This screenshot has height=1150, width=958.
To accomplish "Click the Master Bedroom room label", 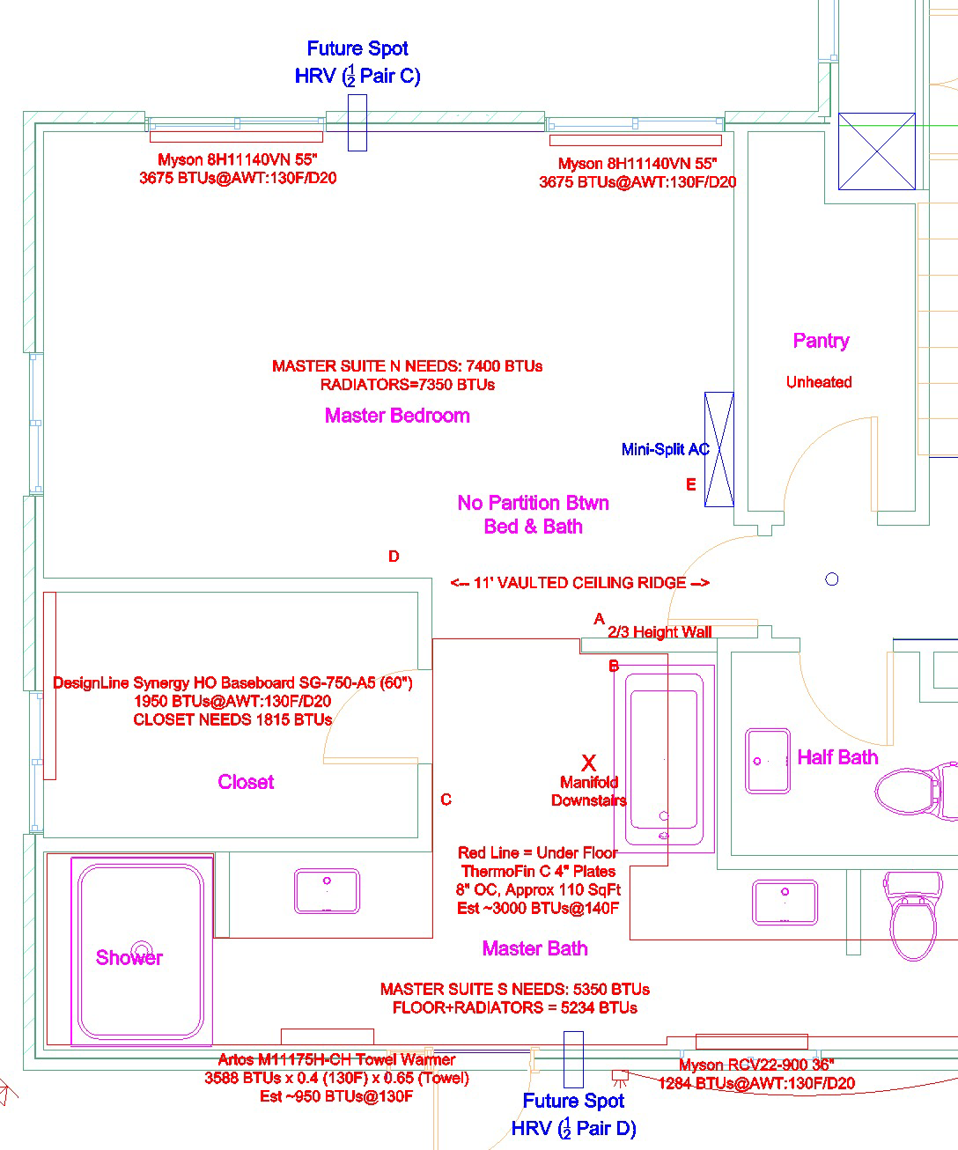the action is (x=397, y=416).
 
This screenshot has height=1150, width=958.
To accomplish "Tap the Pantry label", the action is (x=821, y=341).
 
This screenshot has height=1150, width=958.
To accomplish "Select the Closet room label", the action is (x=246, y=782).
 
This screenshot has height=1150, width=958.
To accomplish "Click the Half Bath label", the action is (x=837, y=757).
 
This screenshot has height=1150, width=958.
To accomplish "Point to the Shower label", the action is (x=129, y=957).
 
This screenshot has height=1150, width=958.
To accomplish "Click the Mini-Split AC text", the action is (x=666, y=449).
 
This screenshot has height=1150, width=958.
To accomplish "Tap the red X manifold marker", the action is (x=589, y=763).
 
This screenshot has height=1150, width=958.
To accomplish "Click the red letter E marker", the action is (x=691, y=484).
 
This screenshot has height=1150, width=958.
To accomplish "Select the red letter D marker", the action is (x=394, y=557).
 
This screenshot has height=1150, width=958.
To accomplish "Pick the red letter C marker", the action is (x=446, y=800).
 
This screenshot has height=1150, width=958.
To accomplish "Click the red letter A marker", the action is (x=600, y=618).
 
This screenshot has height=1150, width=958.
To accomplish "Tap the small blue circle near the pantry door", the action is (x=832, y=579).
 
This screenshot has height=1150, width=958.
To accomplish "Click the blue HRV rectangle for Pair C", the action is (x=357, y=122).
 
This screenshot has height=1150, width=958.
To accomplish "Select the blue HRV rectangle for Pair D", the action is (x=573, y=1059).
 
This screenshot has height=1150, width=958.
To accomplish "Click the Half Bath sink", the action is (x=768, y=761).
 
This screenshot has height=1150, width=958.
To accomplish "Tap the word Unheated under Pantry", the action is (x=819, y=382).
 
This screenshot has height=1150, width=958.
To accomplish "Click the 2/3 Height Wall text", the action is (x=660, y=631).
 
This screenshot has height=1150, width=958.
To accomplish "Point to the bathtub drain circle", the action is (x=664, y=815).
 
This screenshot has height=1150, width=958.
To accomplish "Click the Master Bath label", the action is (x=535, y=948).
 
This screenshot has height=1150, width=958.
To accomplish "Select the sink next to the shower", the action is (x=327, y=890).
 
